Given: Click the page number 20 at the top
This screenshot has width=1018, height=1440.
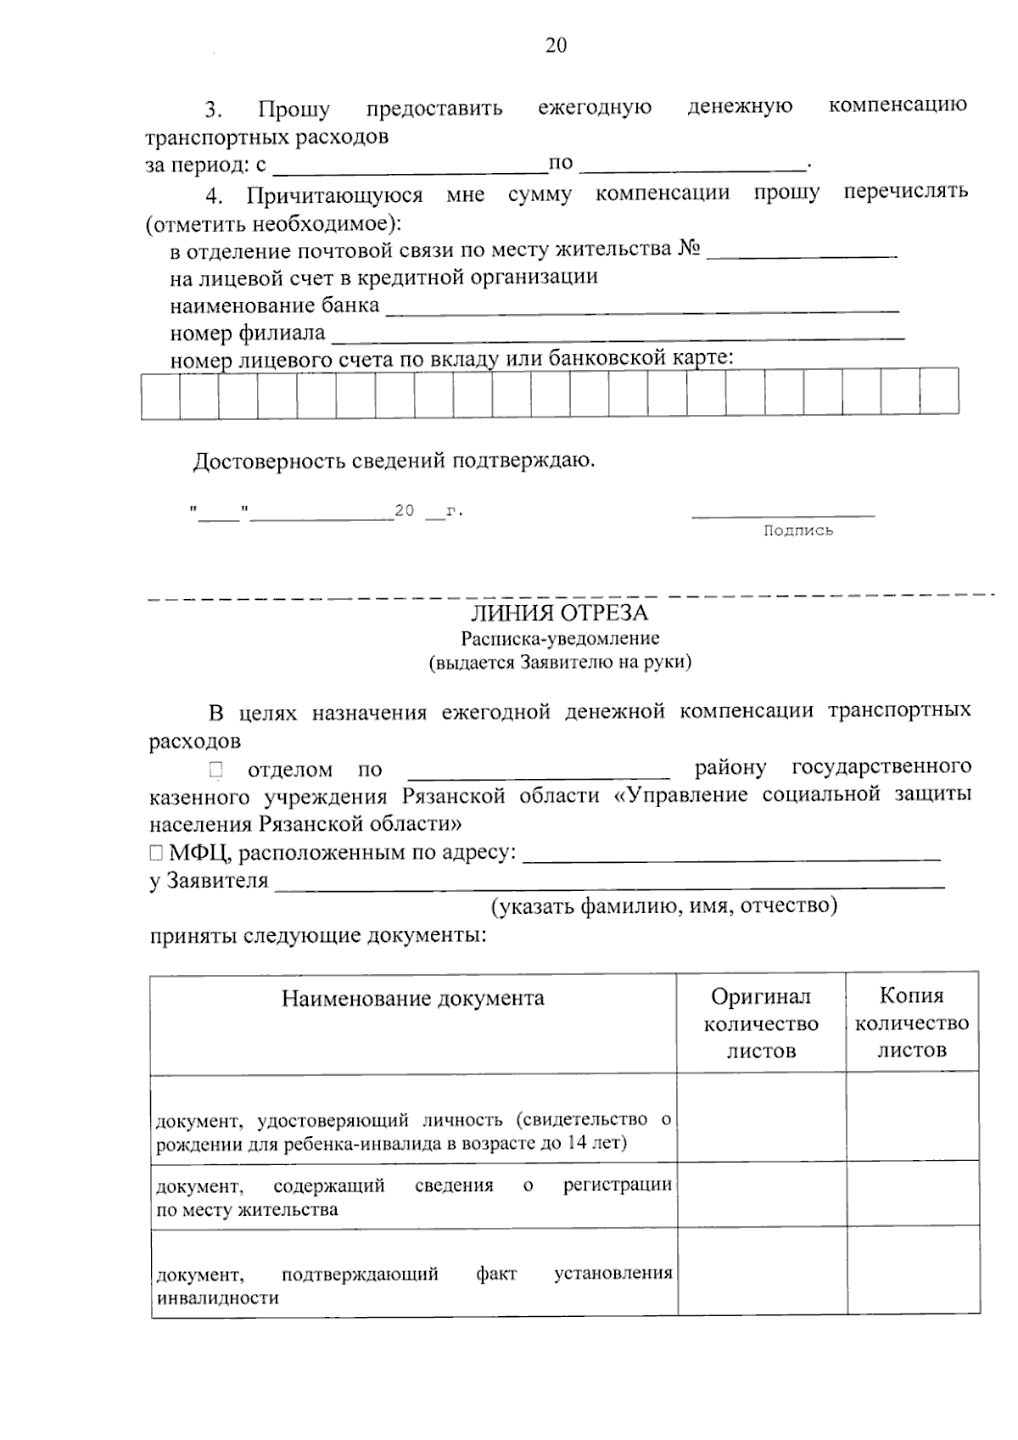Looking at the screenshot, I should (556, 46).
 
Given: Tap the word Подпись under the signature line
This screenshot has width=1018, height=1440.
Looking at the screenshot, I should (797, 531).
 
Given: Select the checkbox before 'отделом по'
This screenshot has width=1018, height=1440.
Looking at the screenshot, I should (215, 770).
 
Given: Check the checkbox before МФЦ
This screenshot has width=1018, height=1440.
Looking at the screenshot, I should (155, 853).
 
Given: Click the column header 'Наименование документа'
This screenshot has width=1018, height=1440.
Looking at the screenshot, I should (413, 998).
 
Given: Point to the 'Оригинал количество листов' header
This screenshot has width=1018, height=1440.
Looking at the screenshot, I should (761, 1023).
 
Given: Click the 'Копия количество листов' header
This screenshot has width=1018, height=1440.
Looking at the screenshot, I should (912, 1023).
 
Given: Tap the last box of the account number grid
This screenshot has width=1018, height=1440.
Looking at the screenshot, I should (939, 392).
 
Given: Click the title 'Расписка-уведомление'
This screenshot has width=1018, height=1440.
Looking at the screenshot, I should (560, 638).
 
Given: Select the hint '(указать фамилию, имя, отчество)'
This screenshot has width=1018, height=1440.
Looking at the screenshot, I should (665, 906).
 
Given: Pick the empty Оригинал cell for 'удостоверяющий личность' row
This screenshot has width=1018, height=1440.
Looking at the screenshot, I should (761, 1118).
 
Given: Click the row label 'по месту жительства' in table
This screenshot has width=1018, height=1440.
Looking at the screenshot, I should (247, 1210).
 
